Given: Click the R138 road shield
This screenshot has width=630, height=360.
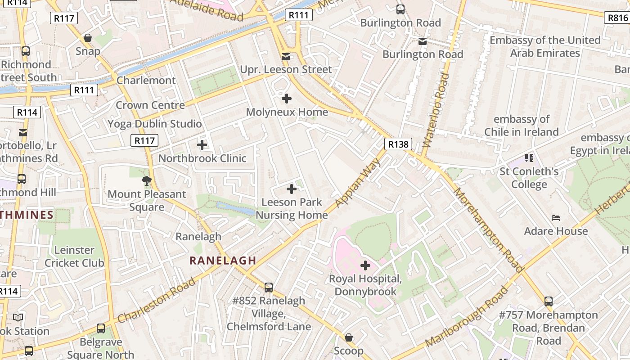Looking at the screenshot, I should click(x=398, y=144).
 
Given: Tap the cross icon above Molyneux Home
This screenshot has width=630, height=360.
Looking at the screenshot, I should click(x=287, y=98).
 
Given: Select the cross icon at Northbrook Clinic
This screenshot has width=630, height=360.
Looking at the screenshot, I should click(x=202, y=145).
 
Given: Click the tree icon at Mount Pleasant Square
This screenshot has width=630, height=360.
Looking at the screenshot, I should click(x=146, y=181).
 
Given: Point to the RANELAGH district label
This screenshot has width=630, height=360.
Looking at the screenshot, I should click(x=223, y=260).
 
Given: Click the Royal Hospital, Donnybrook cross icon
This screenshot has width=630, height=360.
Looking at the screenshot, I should click(x=365, y=265).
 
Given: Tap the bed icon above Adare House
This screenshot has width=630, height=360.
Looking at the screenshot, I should click(x=556, y=218).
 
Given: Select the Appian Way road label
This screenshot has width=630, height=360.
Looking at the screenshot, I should click(x=358, y=182).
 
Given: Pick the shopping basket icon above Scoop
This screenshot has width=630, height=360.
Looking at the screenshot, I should click(x=348, y=337).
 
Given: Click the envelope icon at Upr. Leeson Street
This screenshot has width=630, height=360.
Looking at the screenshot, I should click(x=285, y=57).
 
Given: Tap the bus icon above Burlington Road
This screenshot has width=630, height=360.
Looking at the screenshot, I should click(x=400, y=9).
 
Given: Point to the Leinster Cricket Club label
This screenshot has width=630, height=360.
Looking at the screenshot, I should click(x=74, y=256).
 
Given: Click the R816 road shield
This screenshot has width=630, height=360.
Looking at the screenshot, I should click(x=617, y=18).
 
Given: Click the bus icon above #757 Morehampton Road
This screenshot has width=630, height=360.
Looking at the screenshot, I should click(x=548, y=301).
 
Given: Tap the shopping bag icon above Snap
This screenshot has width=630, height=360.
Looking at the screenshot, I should click(x=88, y=38).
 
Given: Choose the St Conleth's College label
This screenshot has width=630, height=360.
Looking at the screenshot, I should click(x=529, y=178).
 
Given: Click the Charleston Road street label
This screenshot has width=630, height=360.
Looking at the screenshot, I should click(x=157, y=300).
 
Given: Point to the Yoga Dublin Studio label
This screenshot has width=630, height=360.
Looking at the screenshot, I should click(x=154, y=124).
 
